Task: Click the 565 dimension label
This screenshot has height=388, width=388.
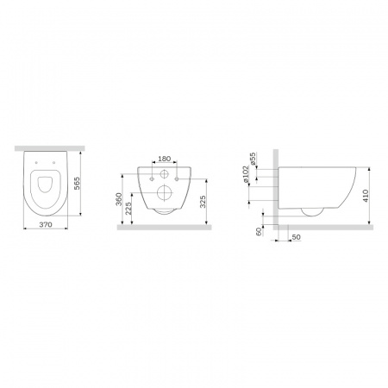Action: [77, 184]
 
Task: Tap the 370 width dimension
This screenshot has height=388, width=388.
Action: [46, 224]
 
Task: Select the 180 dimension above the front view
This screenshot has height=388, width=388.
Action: [165, 159]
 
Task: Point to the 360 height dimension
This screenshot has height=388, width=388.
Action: [119, 199]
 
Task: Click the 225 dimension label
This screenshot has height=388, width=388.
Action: [128, 208]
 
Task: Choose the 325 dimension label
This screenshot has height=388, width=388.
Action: [203, 202]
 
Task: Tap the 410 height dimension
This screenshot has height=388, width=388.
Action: [366, 196]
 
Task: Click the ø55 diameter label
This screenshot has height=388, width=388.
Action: [253, 159]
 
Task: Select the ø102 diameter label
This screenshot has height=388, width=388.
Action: [245, 174]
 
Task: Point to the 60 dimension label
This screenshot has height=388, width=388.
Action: [259, 231]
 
